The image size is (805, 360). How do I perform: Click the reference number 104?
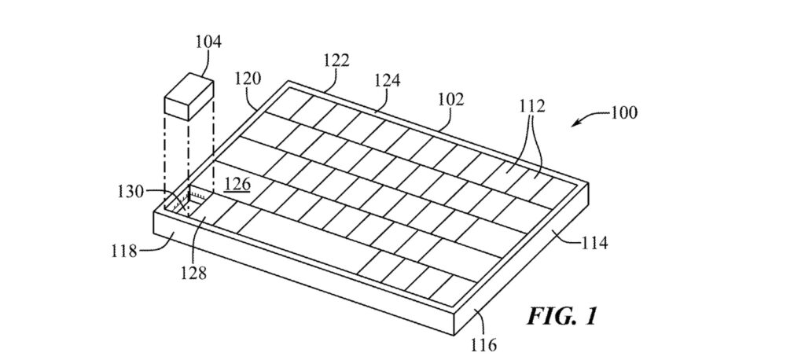[208, 42]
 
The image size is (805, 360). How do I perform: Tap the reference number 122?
[336, 61]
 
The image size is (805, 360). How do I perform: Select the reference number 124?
[387, 81]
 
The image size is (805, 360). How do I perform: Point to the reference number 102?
[450, 100]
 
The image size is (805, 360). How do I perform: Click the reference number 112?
[531, 106]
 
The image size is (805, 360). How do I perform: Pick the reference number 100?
[623, 112]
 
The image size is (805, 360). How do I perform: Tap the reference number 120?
[248, 79]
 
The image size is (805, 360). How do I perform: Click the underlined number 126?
[237, 185]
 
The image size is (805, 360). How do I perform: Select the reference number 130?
[131, 192]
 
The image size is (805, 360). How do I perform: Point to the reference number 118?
[123, 252]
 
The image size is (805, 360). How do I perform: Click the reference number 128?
[193, 274]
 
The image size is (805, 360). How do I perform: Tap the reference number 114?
[594, 242]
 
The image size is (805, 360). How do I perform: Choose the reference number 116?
[483, 344]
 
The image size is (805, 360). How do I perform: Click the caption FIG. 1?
[562, 316]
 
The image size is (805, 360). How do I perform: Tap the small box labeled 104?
[189, 98]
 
